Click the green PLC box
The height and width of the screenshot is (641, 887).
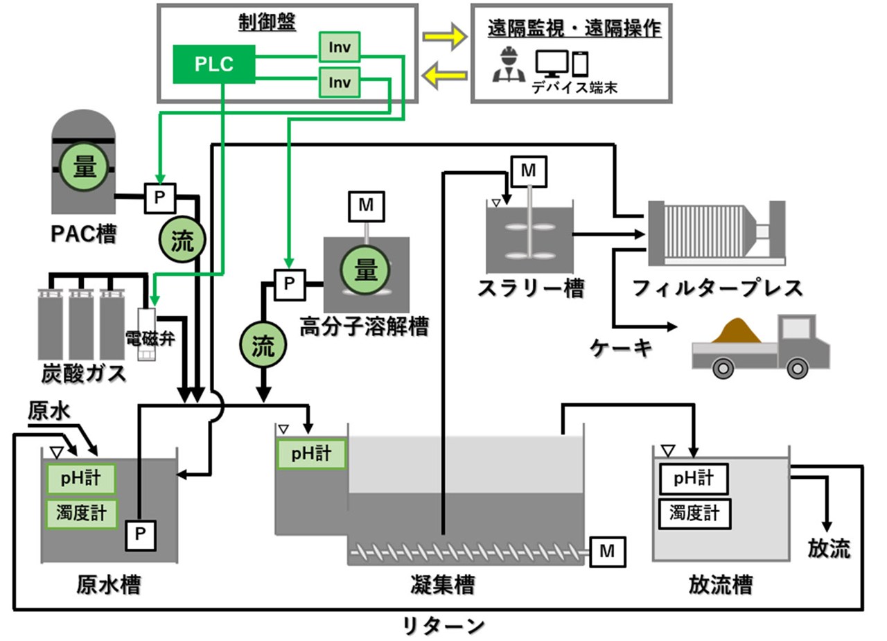pyautogui.click(x=214, y=64)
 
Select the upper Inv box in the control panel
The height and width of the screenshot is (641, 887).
pyautogui.click(x=339, y=47)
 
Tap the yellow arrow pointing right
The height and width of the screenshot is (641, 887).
pyautogui.click(x=444, y=37)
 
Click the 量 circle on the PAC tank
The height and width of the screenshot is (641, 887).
pyautogui.click(x=84, y=167)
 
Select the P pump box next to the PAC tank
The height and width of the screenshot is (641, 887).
pyautogui.click(x=159, y=198)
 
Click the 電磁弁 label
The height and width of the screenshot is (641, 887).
pyautogui.click(x=149, y=339)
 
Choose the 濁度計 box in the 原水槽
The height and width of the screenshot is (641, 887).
pyautogui.click(x=81, y=513)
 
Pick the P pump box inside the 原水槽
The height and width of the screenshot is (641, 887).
pyautogui.click(x=141, y=535)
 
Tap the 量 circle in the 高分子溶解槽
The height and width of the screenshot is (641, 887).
pyautogui.click(x=365, y=270)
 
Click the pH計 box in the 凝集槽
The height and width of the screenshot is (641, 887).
pyautogui.click(x=311, y=455)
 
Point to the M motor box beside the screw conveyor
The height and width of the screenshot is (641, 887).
pyautogui.click(x=607, y=552)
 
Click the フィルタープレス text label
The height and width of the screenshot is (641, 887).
pyautogui.click(x=717, y=287)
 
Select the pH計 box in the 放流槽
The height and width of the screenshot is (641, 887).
pyautogui.click(x=694, y=478)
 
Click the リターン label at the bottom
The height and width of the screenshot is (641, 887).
pyautogui.click(x=443, y=626)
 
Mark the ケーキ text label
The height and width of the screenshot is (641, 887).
pyautogui.click(x=621, y=347)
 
